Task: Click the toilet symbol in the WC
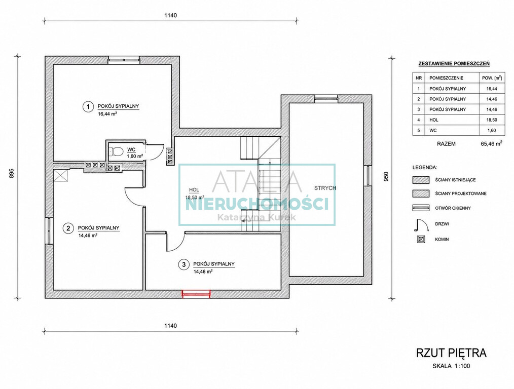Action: click(x=117, y=151)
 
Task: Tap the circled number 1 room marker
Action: click(x=88, y=107)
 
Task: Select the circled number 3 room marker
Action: click(x=183, y=264)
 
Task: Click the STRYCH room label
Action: click(x=325, y=188)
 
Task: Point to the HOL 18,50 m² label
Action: click(x=195, y=193)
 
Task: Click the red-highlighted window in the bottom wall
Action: click(x=196, y=294)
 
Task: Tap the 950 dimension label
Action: click(x=386, y=177)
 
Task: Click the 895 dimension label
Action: click(x=11, y=173)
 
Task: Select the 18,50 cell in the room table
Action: click(x=492, y=120)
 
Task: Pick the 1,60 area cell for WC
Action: click(x=492, y=130)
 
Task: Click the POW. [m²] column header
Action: click(x=492, y=78)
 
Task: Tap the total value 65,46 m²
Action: click(x=491, y=143)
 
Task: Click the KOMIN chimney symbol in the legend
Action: click(x=421, y=240)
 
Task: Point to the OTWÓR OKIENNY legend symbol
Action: click(x=421, y=208)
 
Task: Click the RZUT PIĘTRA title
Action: click(x=451, y=354)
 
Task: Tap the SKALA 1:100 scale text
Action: click(x=451, y=366)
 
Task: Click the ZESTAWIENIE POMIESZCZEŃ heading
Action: click(x=454, y=64)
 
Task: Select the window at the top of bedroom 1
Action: click(x=124, y=60)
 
